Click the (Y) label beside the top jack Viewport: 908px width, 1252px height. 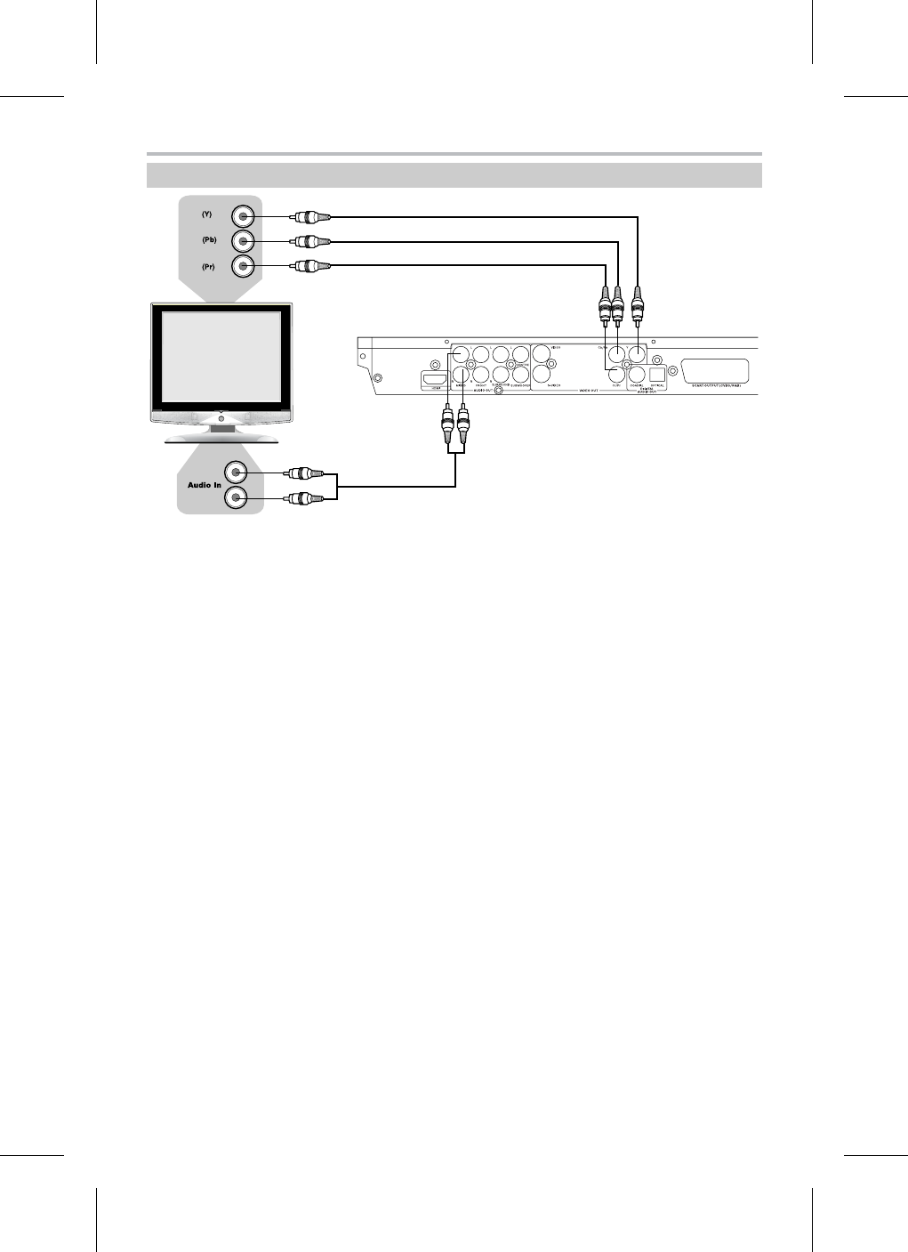pos(206,214)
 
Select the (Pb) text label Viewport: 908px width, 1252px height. pos(209,239)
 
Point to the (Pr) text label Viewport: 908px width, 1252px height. pos(208,266)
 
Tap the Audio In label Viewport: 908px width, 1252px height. pos(204,485)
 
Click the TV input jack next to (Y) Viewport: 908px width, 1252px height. pos(243,216)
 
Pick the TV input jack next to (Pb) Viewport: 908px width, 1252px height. pos(243,241)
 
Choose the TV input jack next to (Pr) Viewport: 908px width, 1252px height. pos(243,266)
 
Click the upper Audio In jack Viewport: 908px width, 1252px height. pos(237,474)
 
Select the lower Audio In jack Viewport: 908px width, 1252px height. pos(237,498)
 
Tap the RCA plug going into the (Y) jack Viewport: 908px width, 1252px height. pos(311,216)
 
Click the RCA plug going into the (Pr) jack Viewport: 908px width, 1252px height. pos(311,265)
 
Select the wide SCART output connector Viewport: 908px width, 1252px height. pos(714,372)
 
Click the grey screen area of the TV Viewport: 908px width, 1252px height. pos(219,356)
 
